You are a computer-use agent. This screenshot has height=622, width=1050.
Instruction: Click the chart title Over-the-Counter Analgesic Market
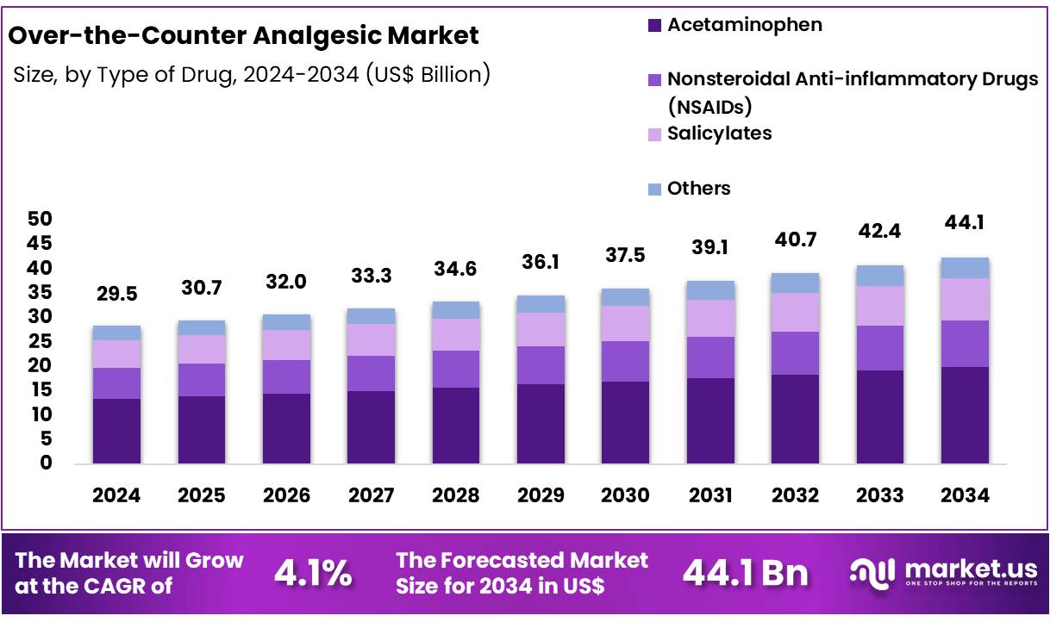click(242, 36)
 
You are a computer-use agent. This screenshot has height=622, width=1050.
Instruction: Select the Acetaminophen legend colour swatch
click(653, 26)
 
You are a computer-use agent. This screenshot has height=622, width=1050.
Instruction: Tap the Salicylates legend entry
click(719, 134)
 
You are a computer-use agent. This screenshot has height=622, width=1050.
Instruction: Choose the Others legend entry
click(698, 189)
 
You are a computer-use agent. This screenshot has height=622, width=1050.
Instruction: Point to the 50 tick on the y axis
click(41, 219)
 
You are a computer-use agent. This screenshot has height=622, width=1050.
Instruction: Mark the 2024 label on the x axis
click(116, 495)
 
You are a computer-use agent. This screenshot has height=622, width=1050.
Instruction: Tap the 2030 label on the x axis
click(625, 495)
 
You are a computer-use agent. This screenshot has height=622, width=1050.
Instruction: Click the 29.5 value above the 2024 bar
click(116, 295)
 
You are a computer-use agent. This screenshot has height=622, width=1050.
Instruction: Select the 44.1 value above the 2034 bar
click(965, 223)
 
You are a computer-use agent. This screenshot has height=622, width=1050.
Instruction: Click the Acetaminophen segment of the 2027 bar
click(371, 427)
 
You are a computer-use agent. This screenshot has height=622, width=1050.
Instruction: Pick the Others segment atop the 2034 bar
click(965, 268)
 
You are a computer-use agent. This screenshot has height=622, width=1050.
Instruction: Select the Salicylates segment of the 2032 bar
click(795, 312)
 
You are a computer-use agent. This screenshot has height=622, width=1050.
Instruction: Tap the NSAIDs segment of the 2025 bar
click(201, 380)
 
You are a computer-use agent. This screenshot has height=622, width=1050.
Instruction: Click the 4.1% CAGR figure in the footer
click(313, 574)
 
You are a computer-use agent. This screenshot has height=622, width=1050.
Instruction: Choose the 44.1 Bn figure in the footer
click(745, 574)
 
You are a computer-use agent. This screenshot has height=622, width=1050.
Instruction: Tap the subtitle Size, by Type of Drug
click(128, 75)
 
